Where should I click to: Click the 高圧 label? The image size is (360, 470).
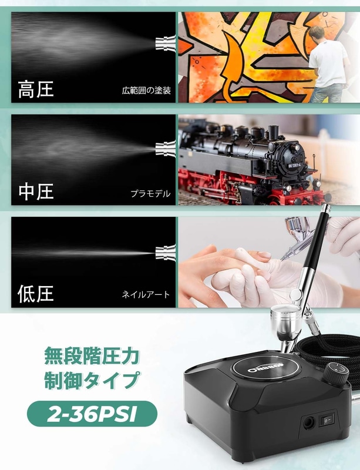pos(36,89)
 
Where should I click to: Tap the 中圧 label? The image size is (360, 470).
pos(36,192)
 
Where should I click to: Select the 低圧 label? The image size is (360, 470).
pos(36,293)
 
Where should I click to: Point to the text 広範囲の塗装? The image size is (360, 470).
pos(146,90)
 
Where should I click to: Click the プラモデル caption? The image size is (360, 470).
pos(150,193)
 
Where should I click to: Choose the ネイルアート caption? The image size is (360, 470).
pos(146,294)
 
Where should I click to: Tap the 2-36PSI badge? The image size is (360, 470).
pos(92,414)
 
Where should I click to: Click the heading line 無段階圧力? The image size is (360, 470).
pos(92,356)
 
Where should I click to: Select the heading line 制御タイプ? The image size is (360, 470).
pos(92,380)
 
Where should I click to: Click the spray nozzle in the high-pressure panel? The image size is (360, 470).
pos(165,43)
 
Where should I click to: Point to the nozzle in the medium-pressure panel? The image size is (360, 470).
pos(165,149)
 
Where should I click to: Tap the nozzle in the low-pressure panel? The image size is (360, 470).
pos(165,253)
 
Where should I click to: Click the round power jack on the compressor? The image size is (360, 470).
pos(308,423)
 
